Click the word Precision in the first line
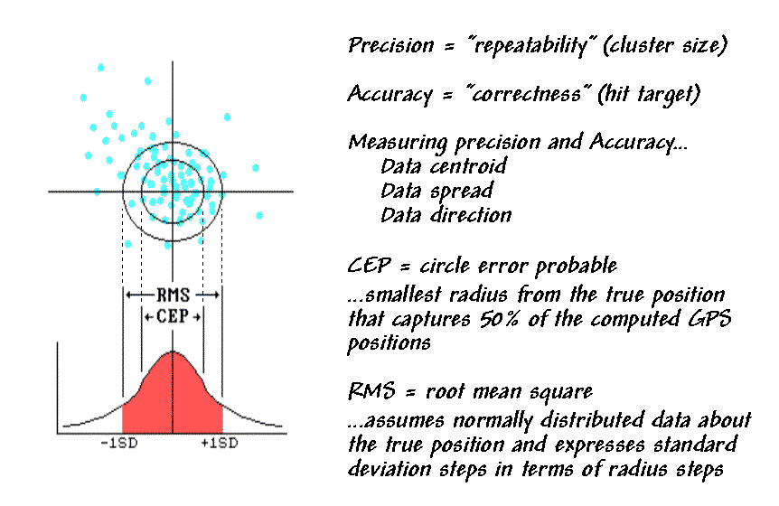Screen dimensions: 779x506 tap(391, 46)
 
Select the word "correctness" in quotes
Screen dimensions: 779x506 tap(529, 93)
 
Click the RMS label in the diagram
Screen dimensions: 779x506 tap(173, 295)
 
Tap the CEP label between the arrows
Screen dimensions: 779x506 tap(173, 316)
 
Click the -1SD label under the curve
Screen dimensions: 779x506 tap(118, 443)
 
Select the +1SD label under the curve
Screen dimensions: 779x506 tap(219, 443)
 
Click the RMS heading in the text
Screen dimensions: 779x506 tap(371, 391)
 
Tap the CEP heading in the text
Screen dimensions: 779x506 tap(370, 265)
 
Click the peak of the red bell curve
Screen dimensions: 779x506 tap(173, 351)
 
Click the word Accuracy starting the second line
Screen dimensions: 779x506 tap(390, 94)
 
